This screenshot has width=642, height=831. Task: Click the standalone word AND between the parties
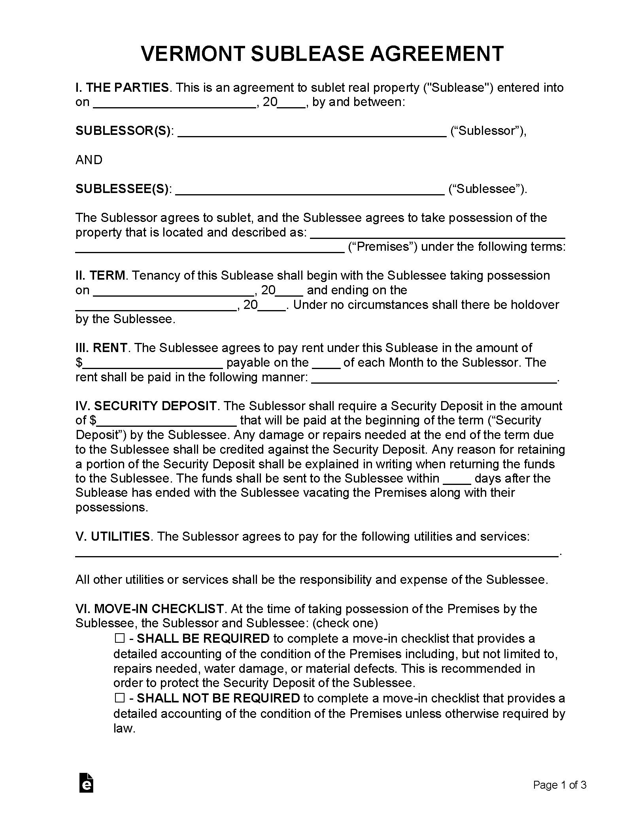89,160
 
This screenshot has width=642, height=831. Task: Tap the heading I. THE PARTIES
122,88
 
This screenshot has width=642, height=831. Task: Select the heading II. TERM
101,276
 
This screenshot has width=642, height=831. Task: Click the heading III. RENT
102,348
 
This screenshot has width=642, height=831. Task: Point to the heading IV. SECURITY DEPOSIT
146,406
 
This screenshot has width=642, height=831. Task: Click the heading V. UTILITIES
113,537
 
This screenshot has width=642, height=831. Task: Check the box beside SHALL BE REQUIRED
119,638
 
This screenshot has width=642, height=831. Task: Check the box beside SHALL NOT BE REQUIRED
119,698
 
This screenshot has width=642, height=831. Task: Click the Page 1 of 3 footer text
559,785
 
